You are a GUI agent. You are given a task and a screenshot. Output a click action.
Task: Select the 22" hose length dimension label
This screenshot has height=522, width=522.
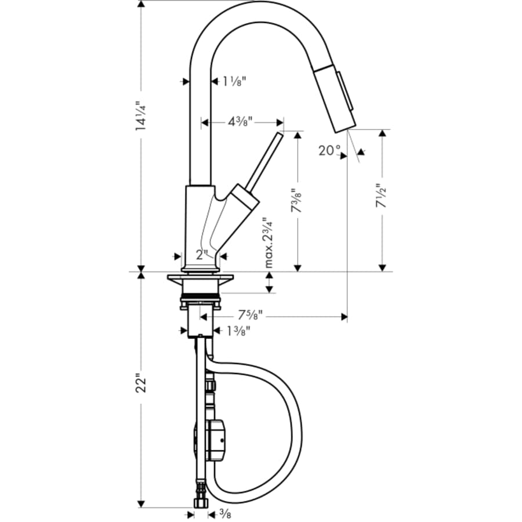pyautogui.click(x=141, y=386)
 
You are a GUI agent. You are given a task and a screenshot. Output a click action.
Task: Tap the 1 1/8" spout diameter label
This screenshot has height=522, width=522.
pyautogui.click(x=235, y=82)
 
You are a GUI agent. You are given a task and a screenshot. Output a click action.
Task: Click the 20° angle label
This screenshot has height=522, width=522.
pyautogui.click(x=329, y=150)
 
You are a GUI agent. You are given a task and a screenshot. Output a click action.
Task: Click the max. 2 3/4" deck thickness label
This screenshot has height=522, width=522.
pyautogui.click(x=269, y=242)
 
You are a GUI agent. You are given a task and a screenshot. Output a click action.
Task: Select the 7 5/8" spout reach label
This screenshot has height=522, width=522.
pyautogui.click(x=251, y=316)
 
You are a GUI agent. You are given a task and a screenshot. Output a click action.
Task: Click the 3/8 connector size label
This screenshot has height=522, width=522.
pyautogui.click(x=224, y=513)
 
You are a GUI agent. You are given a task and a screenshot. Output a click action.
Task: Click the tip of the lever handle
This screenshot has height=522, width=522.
pyautogui.click(x=280, y=135)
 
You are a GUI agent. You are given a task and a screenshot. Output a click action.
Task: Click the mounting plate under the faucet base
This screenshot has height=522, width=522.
pyautogui.click(x=200, y=281)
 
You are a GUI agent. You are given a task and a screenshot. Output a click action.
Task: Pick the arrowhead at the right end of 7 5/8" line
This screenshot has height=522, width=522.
pyautogui.click(x=344, y=317)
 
